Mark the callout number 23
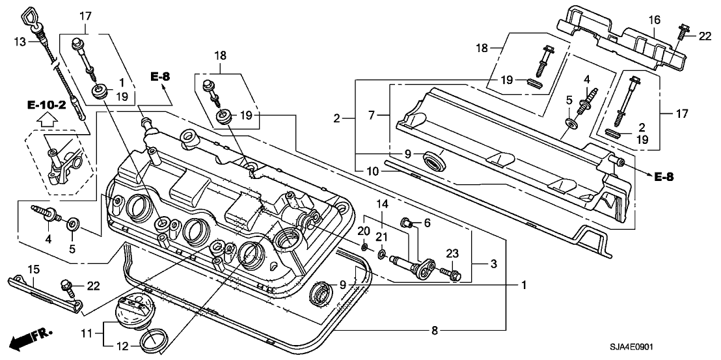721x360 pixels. click(452, 253)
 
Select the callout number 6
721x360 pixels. click(427, 223)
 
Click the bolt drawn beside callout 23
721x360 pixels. click(450, 273)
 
